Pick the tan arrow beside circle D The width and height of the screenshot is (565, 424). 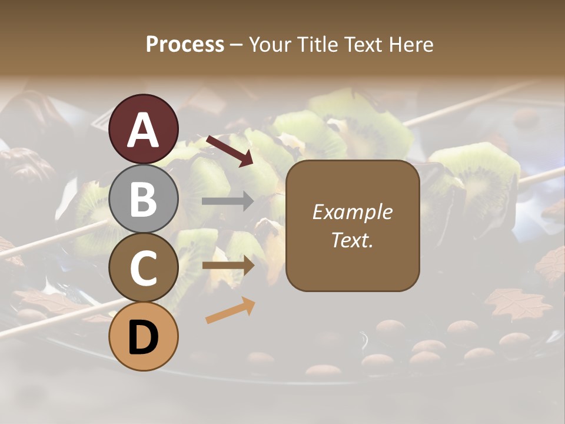coord(230,311)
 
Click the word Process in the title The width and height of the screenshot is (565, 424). coord(185,45)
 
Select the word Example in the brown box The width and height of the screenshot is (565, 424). coord(353,213)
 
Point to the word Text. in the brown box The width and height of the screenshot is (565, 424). coord(353,240)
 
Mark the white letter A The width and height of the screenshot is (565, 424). coord(144,130)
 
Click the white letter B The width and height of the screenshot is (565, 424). coord(144,199)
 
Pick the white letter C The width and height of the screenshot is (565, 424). coord(144,268)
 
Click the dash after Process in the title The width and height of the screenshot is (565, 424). coord(237,45)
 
